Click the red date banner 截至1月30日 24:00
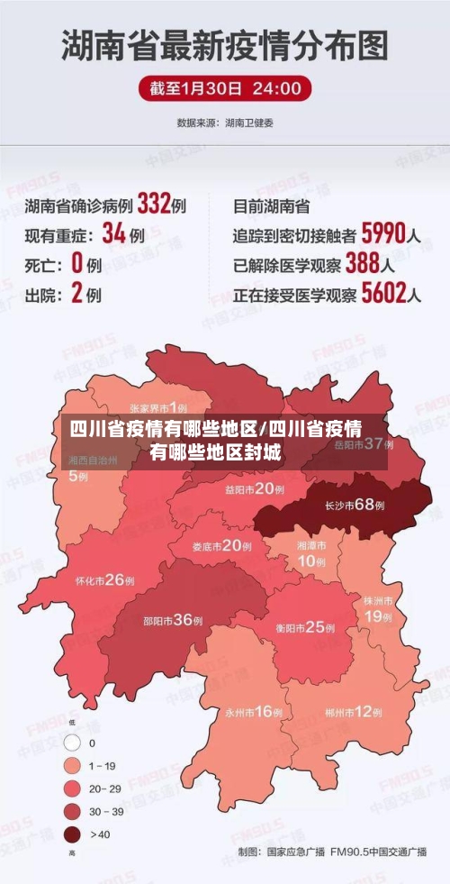pos(225,88)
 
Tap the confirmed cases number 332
pos(154,204)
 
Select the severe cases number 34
pos(114,233)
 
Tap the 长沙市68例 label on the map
pos(355,505)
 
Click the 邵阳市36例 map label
pos(173,619)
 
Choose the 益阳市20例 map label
pos(254,489)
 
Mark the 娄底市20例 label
pos(221,545)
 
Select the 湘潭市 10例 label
pos(312,553)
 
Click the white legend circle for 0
pos(72,743)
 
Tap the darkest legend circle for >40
pos(72,834)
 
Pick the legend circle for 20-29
pos(72,788)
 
